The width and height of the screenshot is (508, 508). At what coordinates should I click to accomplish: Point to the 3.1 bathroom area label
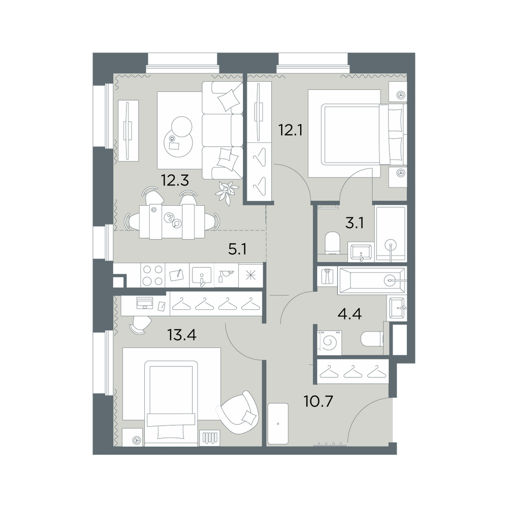[355, 223]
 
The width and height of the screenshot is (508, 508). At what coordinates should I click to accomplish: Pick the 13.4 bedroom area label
[182, 335]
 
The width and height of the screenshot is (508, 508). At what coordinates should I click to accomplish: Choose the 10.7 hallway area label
[319, 402]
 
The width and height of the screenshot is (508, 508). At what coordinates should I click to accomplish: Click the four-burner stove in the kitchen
[153, 275]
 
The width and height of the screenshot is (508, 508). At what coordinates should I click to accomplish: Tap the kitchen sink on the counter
[202, 276]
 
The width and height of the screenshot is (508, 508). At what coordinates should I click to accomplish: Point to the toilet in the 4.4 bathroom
[372, 339]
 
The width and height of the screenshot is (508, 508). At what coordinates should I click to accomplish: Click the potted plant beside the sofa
[227, 192]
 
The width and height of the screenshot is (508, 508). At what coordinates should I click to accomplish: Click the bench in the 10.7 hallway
[278, 424]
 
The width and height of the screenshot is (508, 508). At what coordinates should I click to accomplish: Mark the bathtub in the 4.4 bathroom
[371, 280]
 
